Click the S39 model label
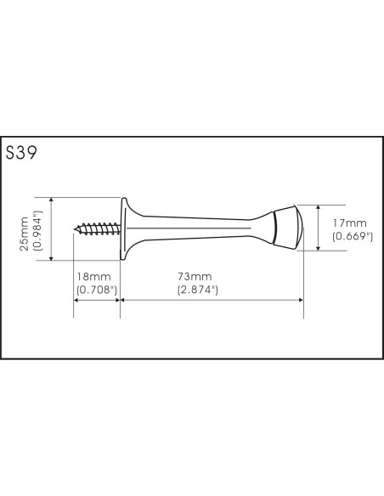click(x=21, y=153)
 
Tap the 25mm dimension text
click(x=24, y=234)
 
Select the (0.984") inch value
click(x=37, y=230)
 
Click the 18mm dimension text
click(x=94, y=277)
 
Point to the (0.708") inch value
click(x=97, y=290)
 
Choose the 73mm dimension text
click(x=195, y=277)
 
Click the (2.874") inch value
click(x=198, y=290)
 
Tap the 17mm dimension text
click(x=350, y=223)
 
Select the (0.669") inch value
click(x=353, y=237)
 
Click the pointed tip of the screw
click(x=74, y=228)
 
